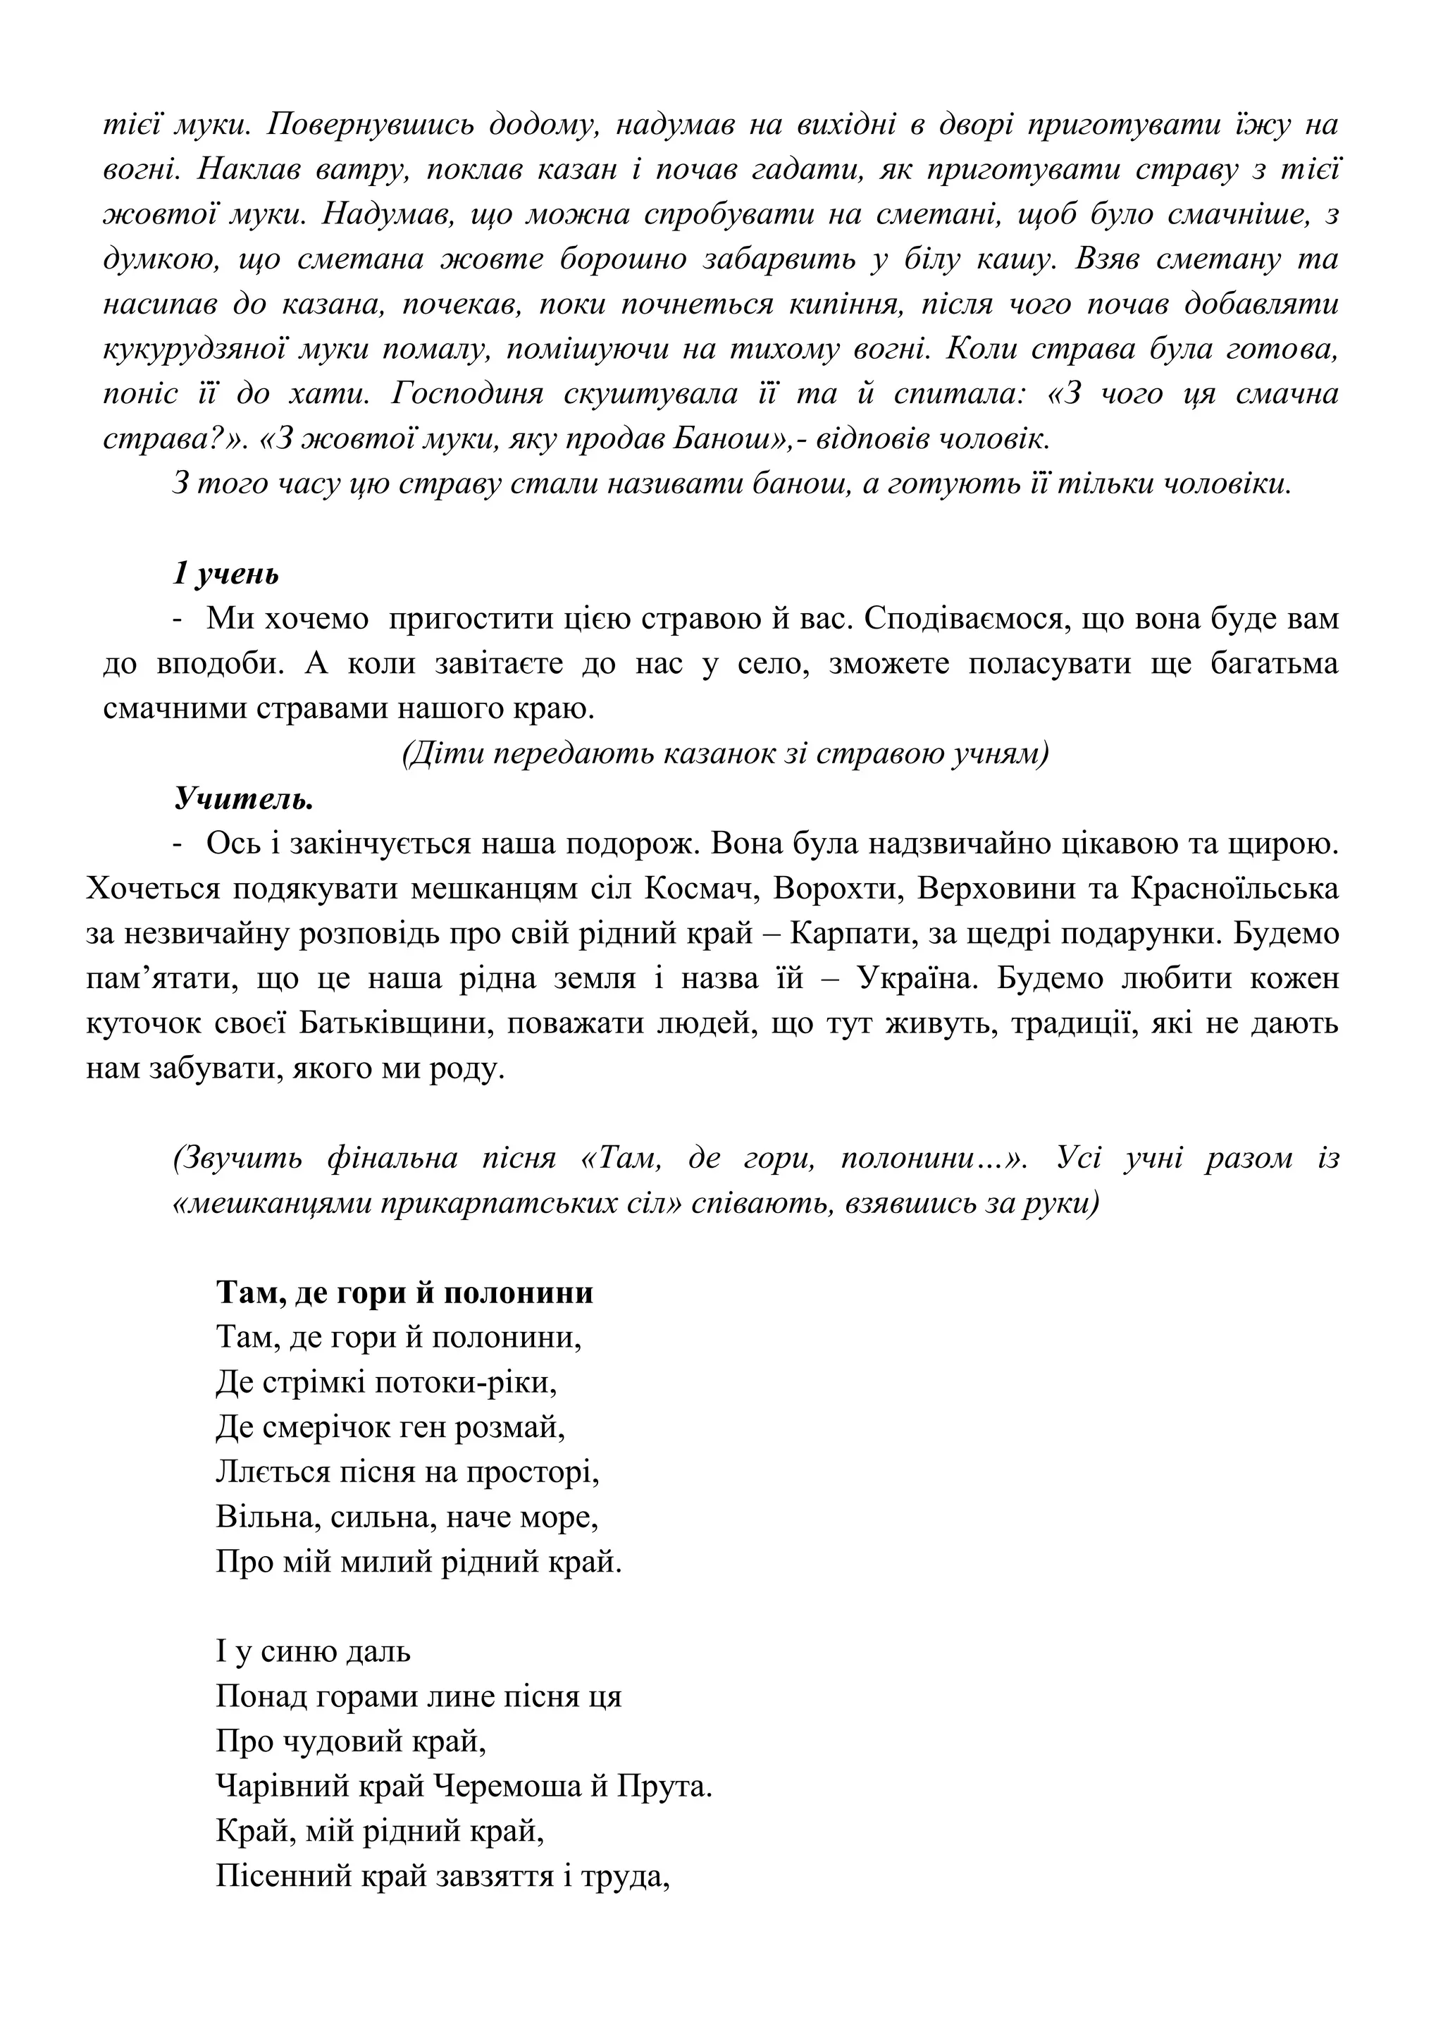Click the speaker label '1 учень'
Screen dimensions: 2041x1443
225,574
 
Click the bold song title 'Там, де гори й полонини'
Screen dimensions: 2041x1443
404,1292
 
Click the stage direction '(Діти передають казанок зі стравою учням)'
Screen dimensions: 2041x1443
725,754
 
